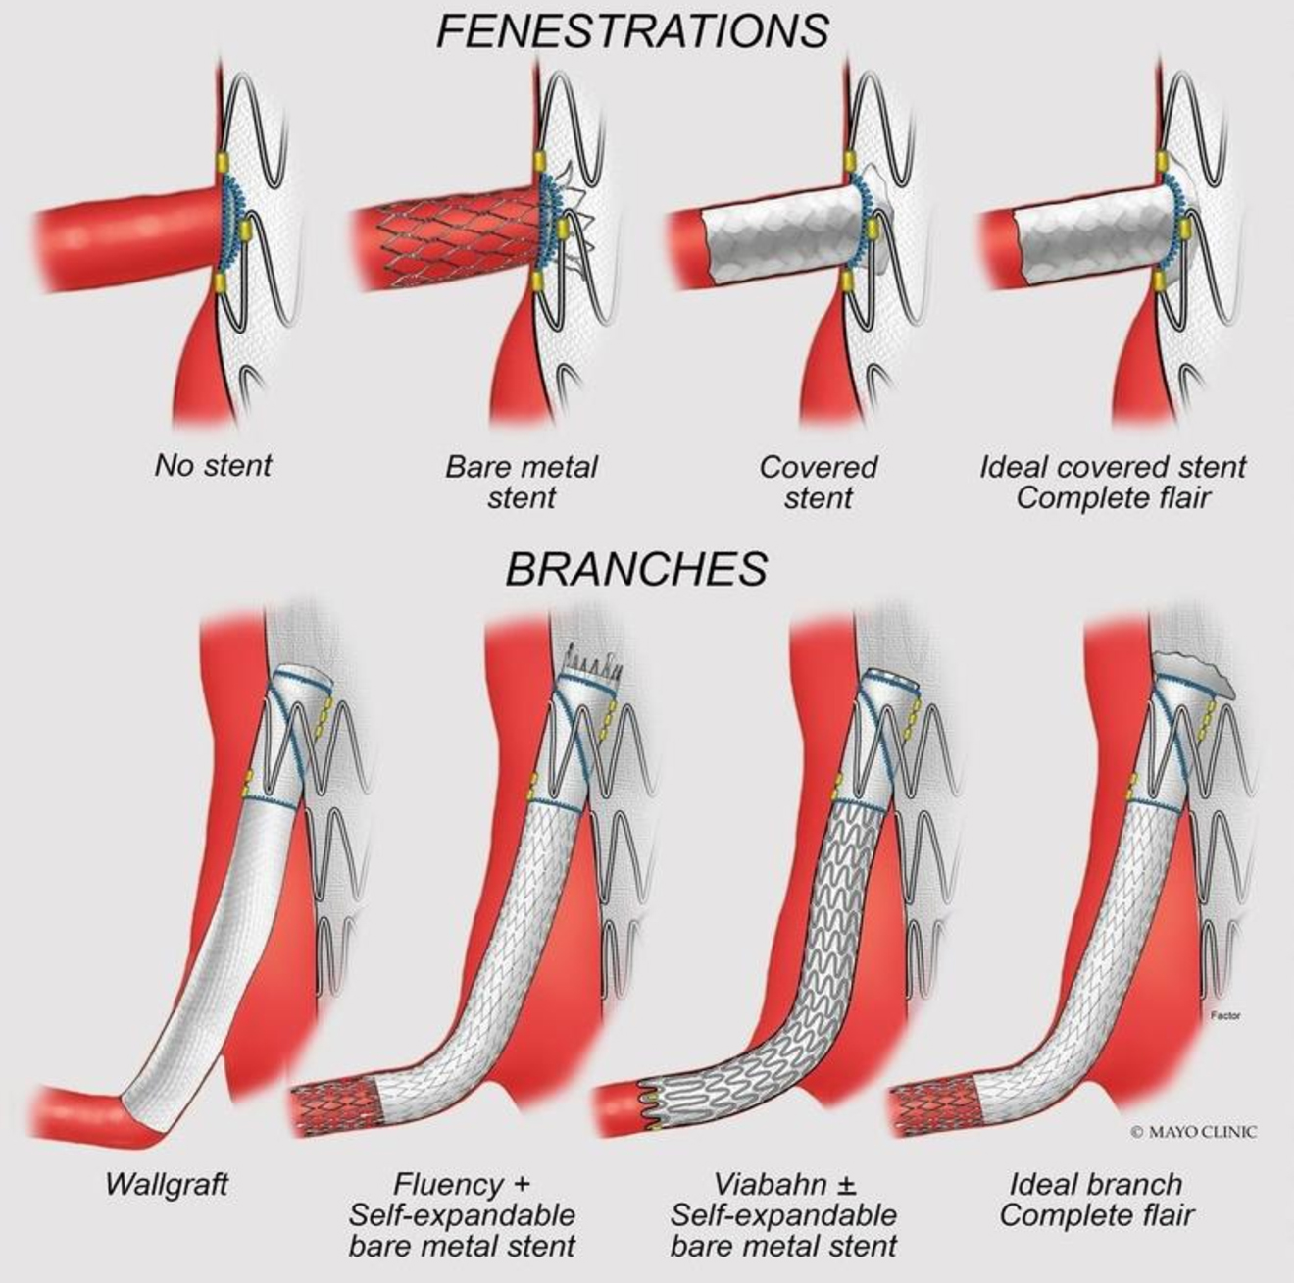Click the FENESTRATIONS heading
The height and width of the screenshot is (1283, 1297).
tap(632, 31)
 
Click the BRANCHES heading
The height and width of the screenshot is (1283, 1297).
tap(635, 569)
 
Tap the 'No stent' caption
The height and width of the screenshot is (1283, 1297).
tap(212, 465)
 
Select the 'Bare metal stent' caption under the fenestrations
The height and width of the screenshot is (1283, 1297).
tap(521, 481)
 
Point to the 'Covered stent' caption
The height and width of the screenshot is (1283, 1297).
tap(818, 481)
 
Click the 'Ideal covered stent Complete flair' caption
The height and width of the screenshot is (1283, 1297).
tap(1113, 481)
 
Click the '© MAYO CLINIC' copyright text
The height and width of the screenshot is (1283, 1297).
tap(1193, 1131)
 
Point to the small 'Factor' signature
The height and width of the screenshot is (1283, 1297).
tap(1225, 1016)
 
